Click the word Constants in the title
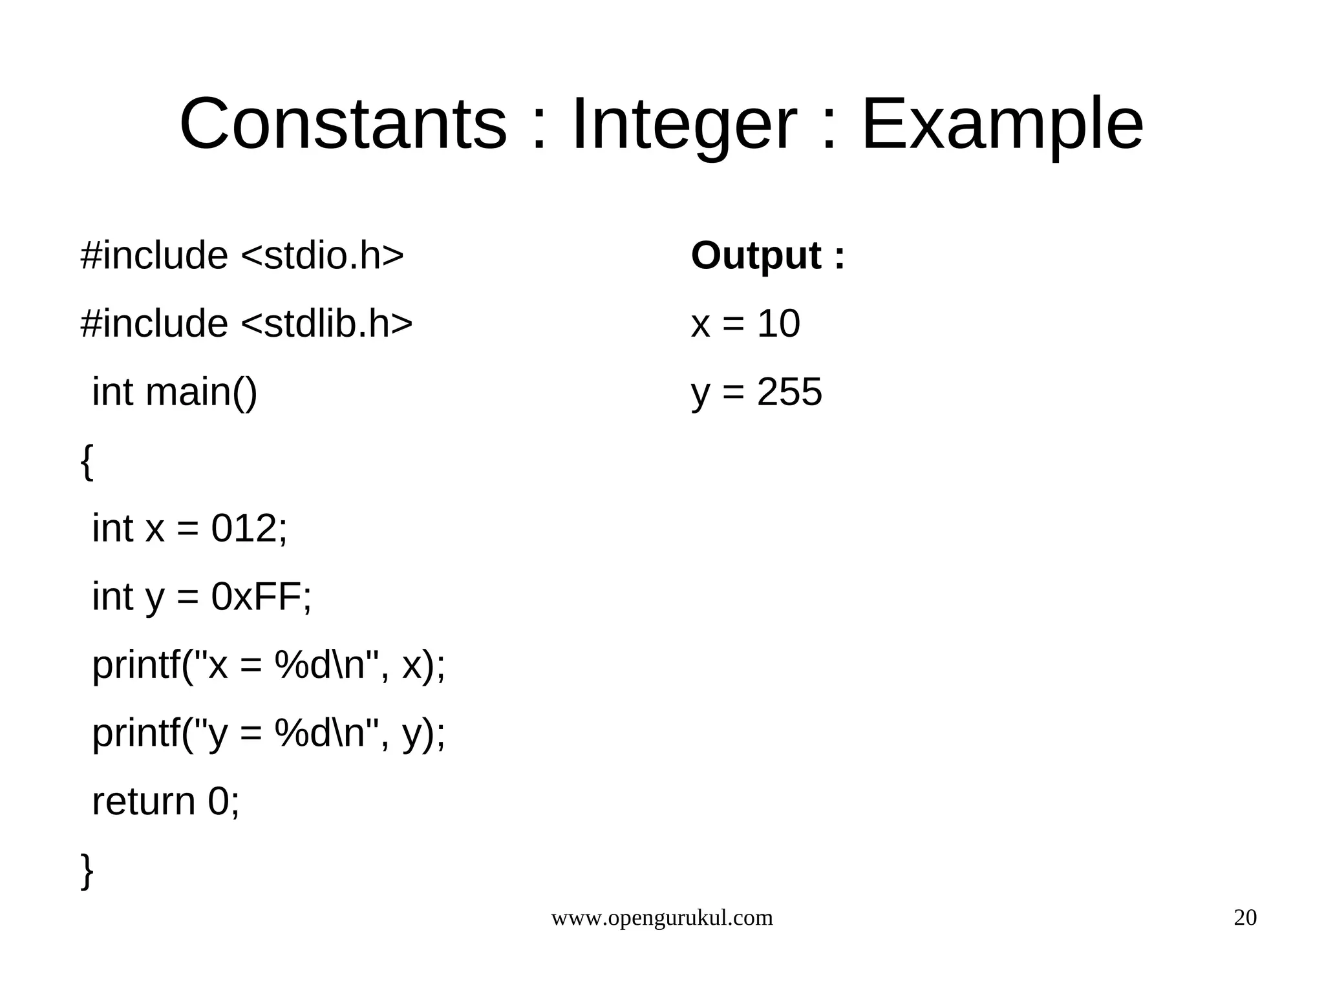tap(343, 124)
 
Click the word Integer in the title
tap(683, 124)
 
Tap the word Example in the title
tap(1002, 124)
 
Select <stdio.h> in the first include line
tap(322, 255)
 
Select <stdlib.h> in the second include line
tap(326, 323)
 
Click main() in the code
tap(201, 392)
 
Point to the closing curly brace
tap(87, 871)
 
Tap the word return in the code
tap(144, 801)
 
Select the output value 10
tap(778, 323)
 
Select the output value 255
tap(789, 392)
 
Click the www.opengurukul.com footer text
tap(661, 918)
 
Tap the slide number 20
tap(1245, 918)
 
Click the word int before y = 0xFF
tap(112, 596)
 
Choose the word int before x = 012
tap(112, 528)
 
